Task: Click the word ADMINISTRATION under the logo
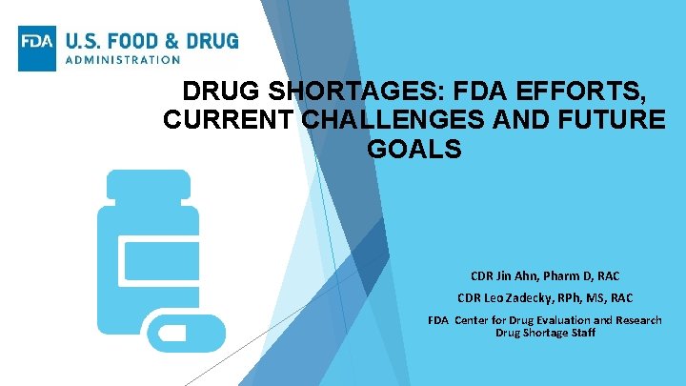coord(122,59)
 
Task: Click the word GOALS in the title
coord(413,151)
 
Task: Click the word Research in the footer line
coord(637,320)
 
